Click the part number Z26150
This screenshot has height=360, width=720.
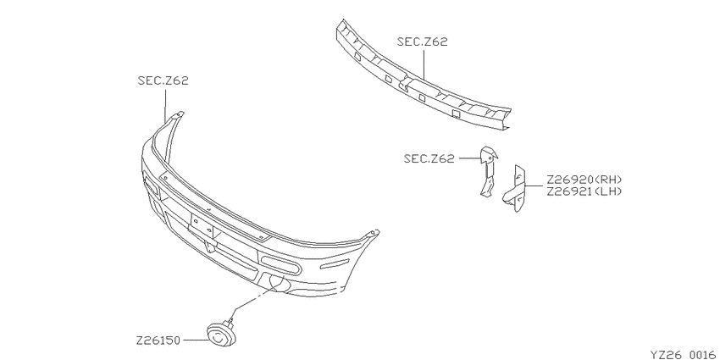click(158, 341)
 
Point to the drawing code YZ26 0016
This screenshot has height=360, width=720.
click(684, 354)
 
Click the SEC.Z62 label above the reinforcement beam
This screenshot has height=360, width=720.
click(422, 42)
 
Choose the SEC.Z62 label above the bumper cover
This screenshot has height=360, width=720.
click(163, 80)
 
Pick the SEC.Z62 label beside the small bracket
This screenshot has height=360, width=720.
click(429, 158)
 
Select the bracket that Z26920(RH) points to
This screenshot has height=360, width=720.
click(516, 189)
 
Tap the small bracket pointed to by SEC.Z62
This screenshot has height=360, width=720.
click(488, 173)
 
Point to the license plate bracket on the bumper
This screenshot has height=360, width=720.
click(202, 226)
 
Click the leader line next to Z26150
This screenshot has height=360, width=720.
click(194, 341)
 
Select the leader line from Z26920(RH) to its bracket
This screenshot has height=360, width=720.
click(534, 186)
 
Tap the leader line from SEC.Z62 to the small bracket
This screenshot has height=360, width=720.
click(469, 158)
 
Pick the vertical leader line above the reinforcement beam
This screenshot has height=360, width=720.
click(423, 64)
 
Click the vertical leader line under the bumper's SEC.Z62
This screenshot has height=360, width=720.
click(165, 105)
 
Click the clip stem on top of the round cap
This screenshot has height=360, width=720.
click(230, 318)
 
